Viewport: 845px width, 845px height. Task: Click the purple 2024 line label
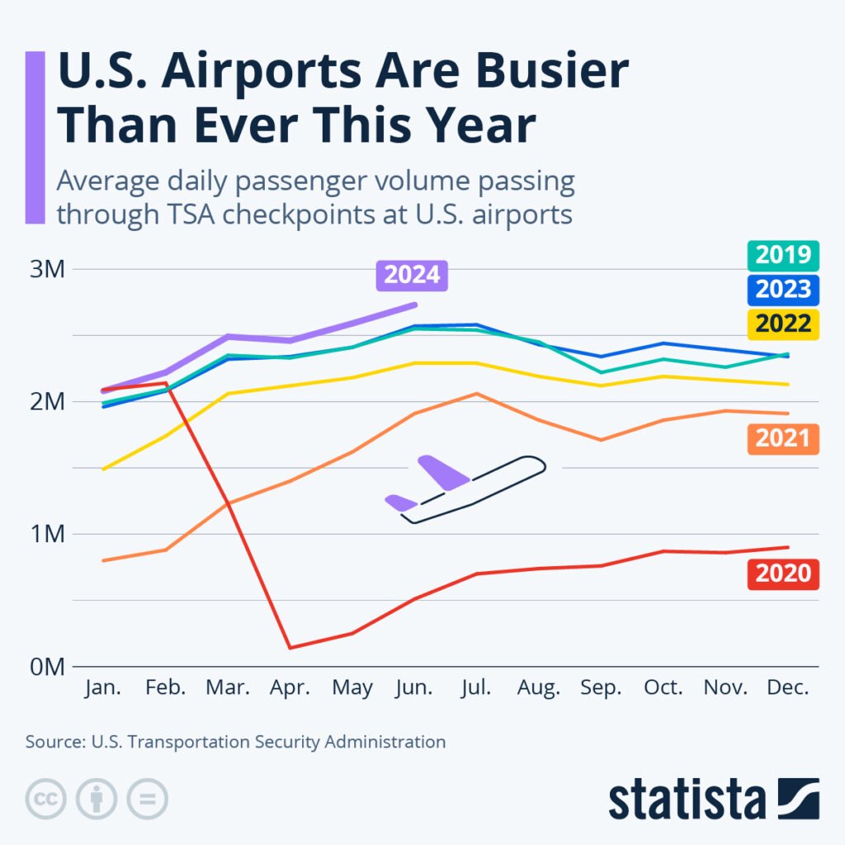coord(412,276)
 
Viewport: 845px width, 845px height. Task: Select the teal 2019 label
coord(782,256)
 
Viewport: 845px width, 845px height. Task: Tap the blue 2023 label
coord(782,290)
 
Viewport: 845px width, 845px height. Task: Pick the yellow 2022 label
coord(782,323)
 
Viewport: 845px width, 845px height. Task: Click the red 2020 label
coord(782,573)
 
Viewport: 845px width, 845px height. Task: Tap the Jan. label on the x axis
coord(103,688)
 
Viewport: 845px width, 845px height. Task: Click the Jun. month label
coord(414,688)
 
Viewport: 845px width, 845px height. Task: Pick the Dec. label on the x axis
coord(787,688)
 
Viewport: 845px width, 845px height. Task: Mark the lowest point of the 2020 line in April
coord(290,648)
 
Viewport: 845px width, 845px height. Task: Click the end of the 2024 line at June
coord(414,304)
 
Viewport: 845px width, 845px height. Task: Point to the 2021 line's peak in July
coord(476,394)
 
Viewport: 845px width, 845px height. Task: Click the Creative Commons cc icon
coord(46,799)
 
